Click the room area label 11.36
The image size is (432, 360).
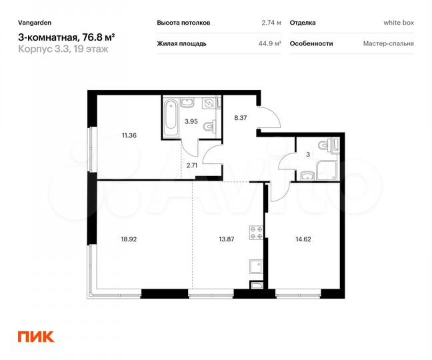pos(129,135)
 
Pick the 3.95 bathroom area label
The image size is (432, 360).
pos(191,121)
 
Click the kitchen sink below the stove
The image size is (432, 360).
pos(255,267)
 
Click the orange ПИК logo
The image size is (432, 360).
pos(35,337)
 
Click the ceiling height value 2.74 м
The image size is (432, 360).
pos(271,22)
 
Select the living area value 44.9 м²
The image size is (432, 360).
pos(269,43)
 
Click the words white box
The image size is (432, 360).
pos(399,22)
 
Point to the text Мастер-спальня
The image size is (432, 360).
pos(389,43)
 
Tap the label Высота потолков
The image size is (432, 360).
pos(183,22)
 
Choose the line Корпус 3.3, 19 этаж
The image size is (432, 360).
pos(61,49)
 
